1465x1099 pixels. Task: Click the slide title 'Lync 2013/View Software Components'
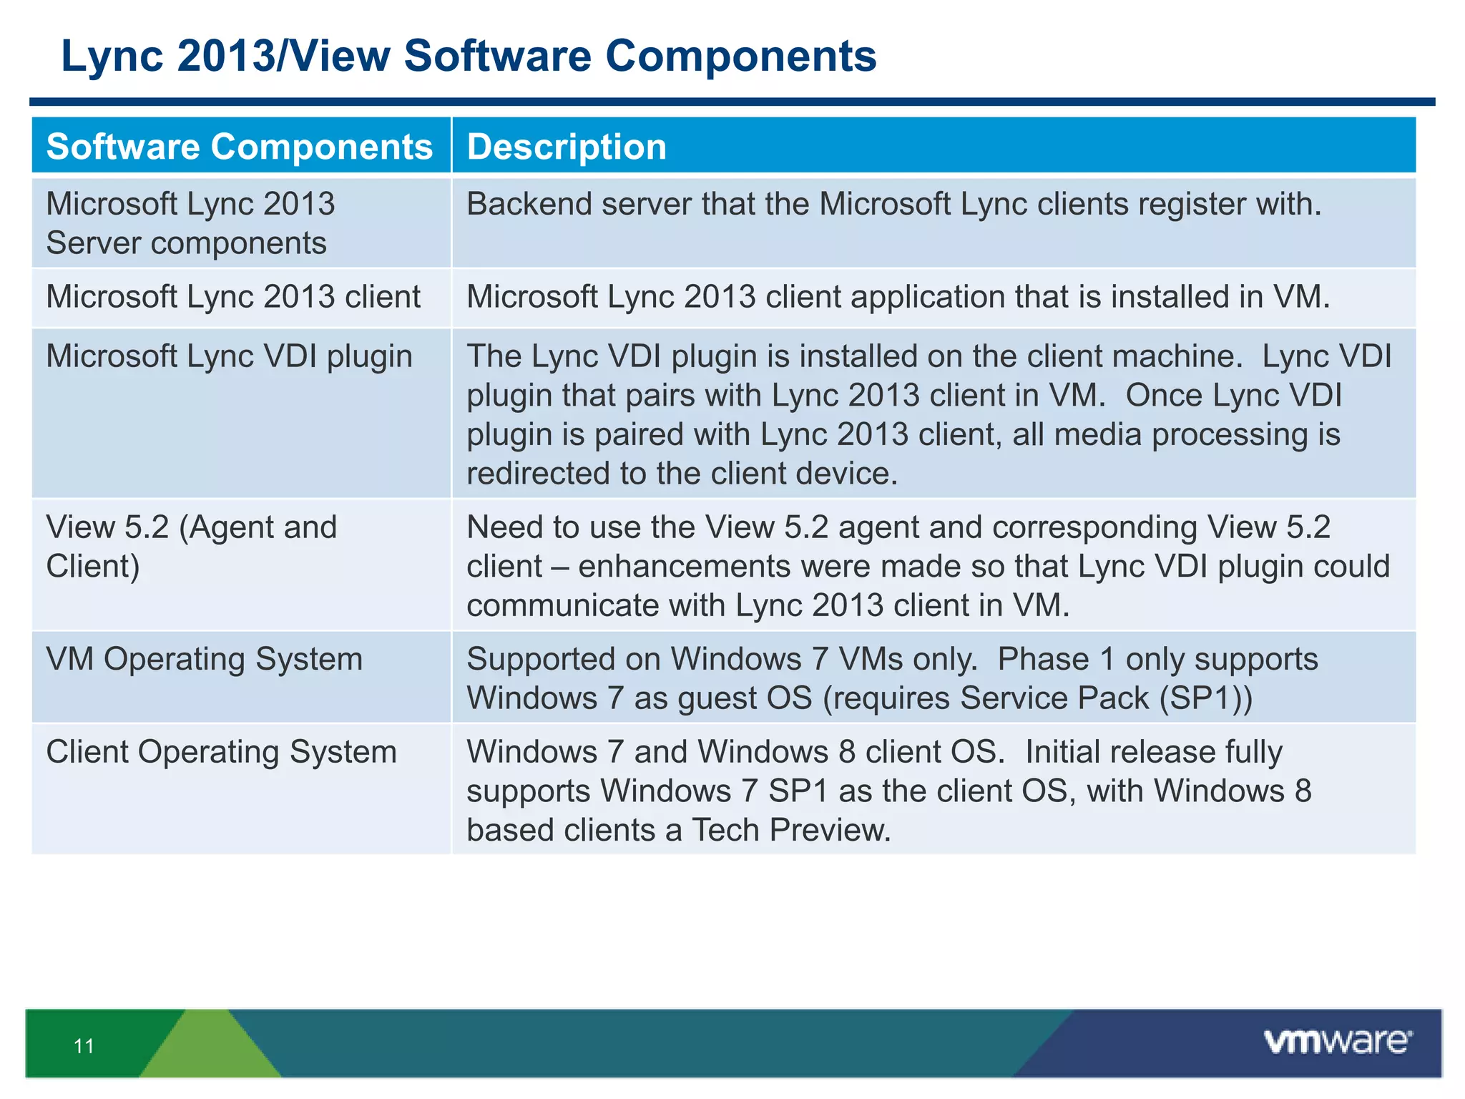coord(469,57)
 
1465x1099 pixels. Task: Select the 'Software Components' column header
coord(240,147)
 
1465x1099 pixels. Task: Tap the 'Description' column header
coord(567,147)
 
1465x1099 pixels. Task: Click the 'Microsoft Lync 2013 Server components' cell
coord(190,223)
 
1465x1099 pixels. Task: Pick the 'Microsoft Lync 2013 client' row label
coord(233,297)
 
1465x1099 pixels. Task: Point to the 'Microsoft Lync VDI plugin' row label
coord(229,356)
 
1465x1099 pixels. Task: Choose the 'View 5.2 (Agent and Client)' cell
coord(191,547)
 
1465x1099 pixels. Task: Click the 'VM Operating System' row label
coord(205,659)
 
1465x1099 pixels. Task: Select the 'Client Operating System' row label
coord(221,752)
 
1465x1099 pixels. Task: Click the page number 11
coord(84,1047)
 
